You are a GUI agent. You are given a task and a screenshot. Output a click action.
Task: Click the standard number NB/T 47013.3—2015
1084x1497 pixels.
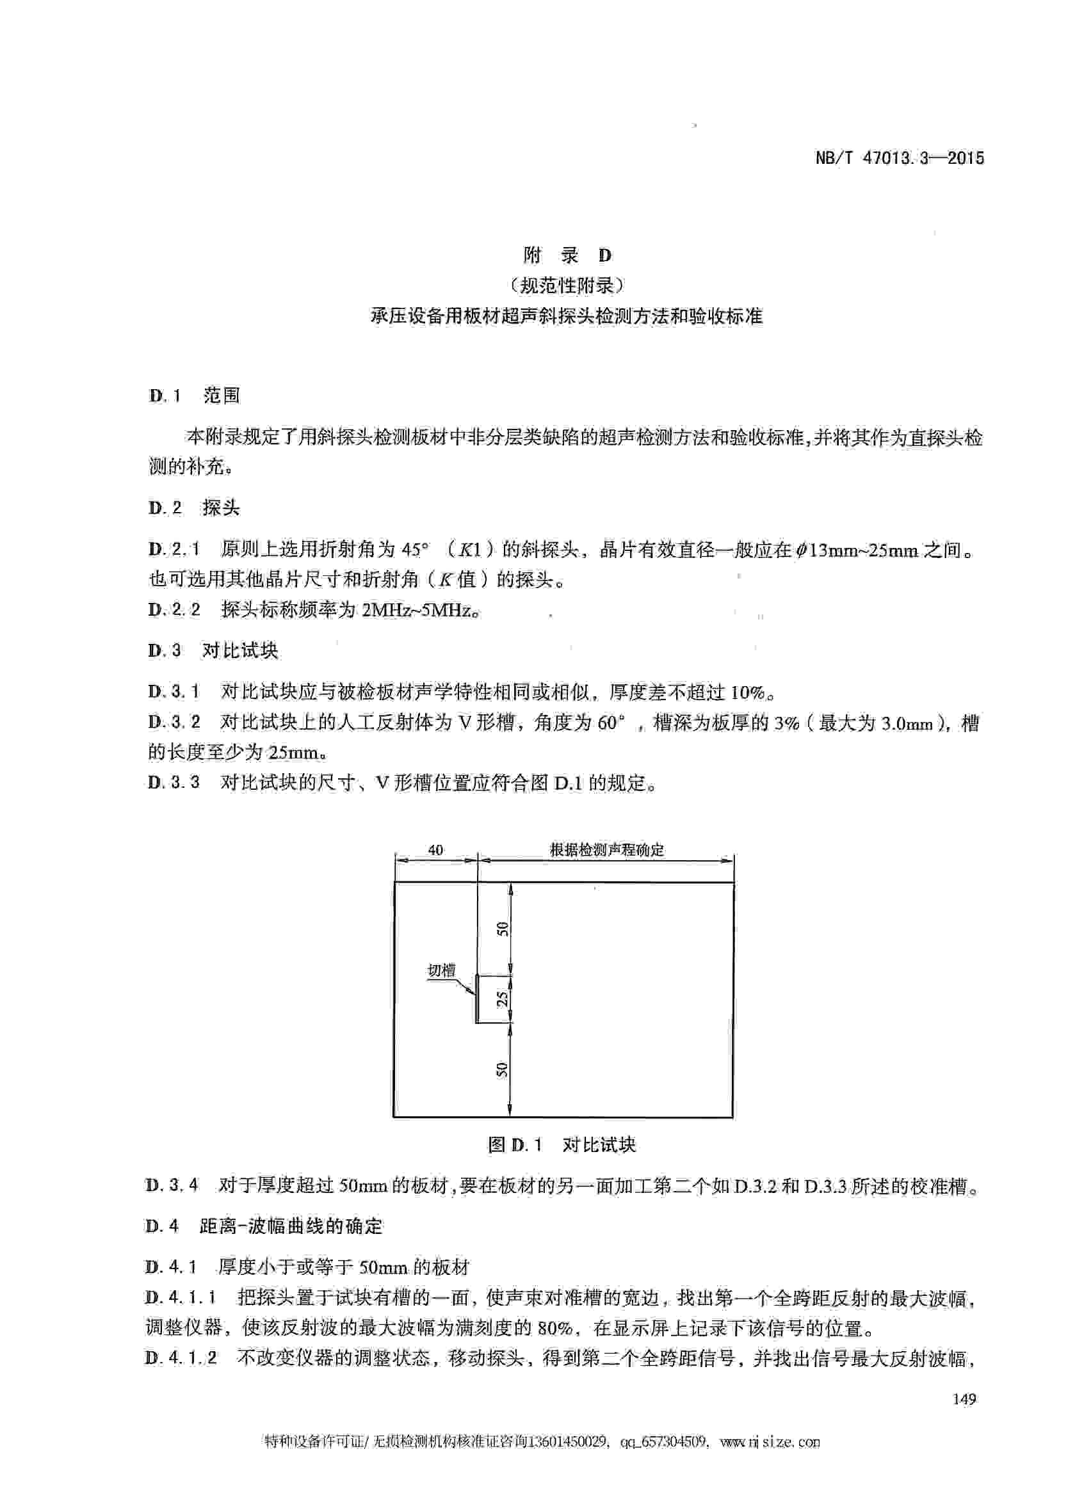click(899, 159)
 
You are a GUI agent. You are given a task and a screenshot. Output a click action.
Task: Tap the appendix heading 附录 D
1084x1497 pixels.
click(567, 255)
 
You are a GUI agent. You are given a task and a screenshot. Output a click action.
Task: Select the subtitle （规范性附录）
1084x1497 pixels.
click(567, 285)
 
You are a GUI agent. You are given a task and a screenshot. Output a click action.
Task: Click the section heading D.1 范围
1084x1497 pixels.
click(194, 396)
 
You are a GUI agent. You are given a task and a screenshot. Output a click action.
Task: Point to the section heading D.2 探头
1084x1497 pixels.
click(194, 508)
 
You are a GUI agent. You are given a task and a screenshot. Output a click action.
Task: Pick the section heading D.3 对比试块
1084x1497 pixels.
click(213, 650)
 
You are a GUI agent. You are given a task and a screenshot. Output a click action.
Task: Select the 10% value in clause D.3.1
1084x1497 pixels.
click(747, 692)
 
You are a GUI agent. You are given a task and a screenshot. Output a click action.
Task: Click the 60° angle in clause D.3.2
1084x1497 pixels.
click(610, 723)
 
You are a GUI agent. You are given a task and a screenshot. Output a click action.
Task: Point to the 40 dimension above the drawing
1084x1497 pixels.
click(435, 850)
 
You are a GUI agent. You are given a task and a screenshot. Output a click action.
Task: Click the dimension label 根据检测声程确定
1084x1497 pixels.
click(607, 849)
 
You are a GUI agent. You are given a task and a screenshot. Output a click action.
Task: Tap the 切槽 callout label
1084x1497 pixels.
click(441, 970)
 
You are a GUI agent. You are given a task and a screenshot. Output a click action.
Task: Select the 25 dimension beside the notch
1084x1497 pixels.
click(503, 998)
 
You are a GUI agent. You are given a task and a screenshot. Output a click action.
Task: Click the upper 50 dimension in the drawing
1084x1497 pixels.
click(503, 929)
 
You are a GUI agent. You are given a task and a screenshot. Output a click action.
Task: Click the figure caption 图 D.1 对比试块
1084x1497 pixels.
click(561, 1145)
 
